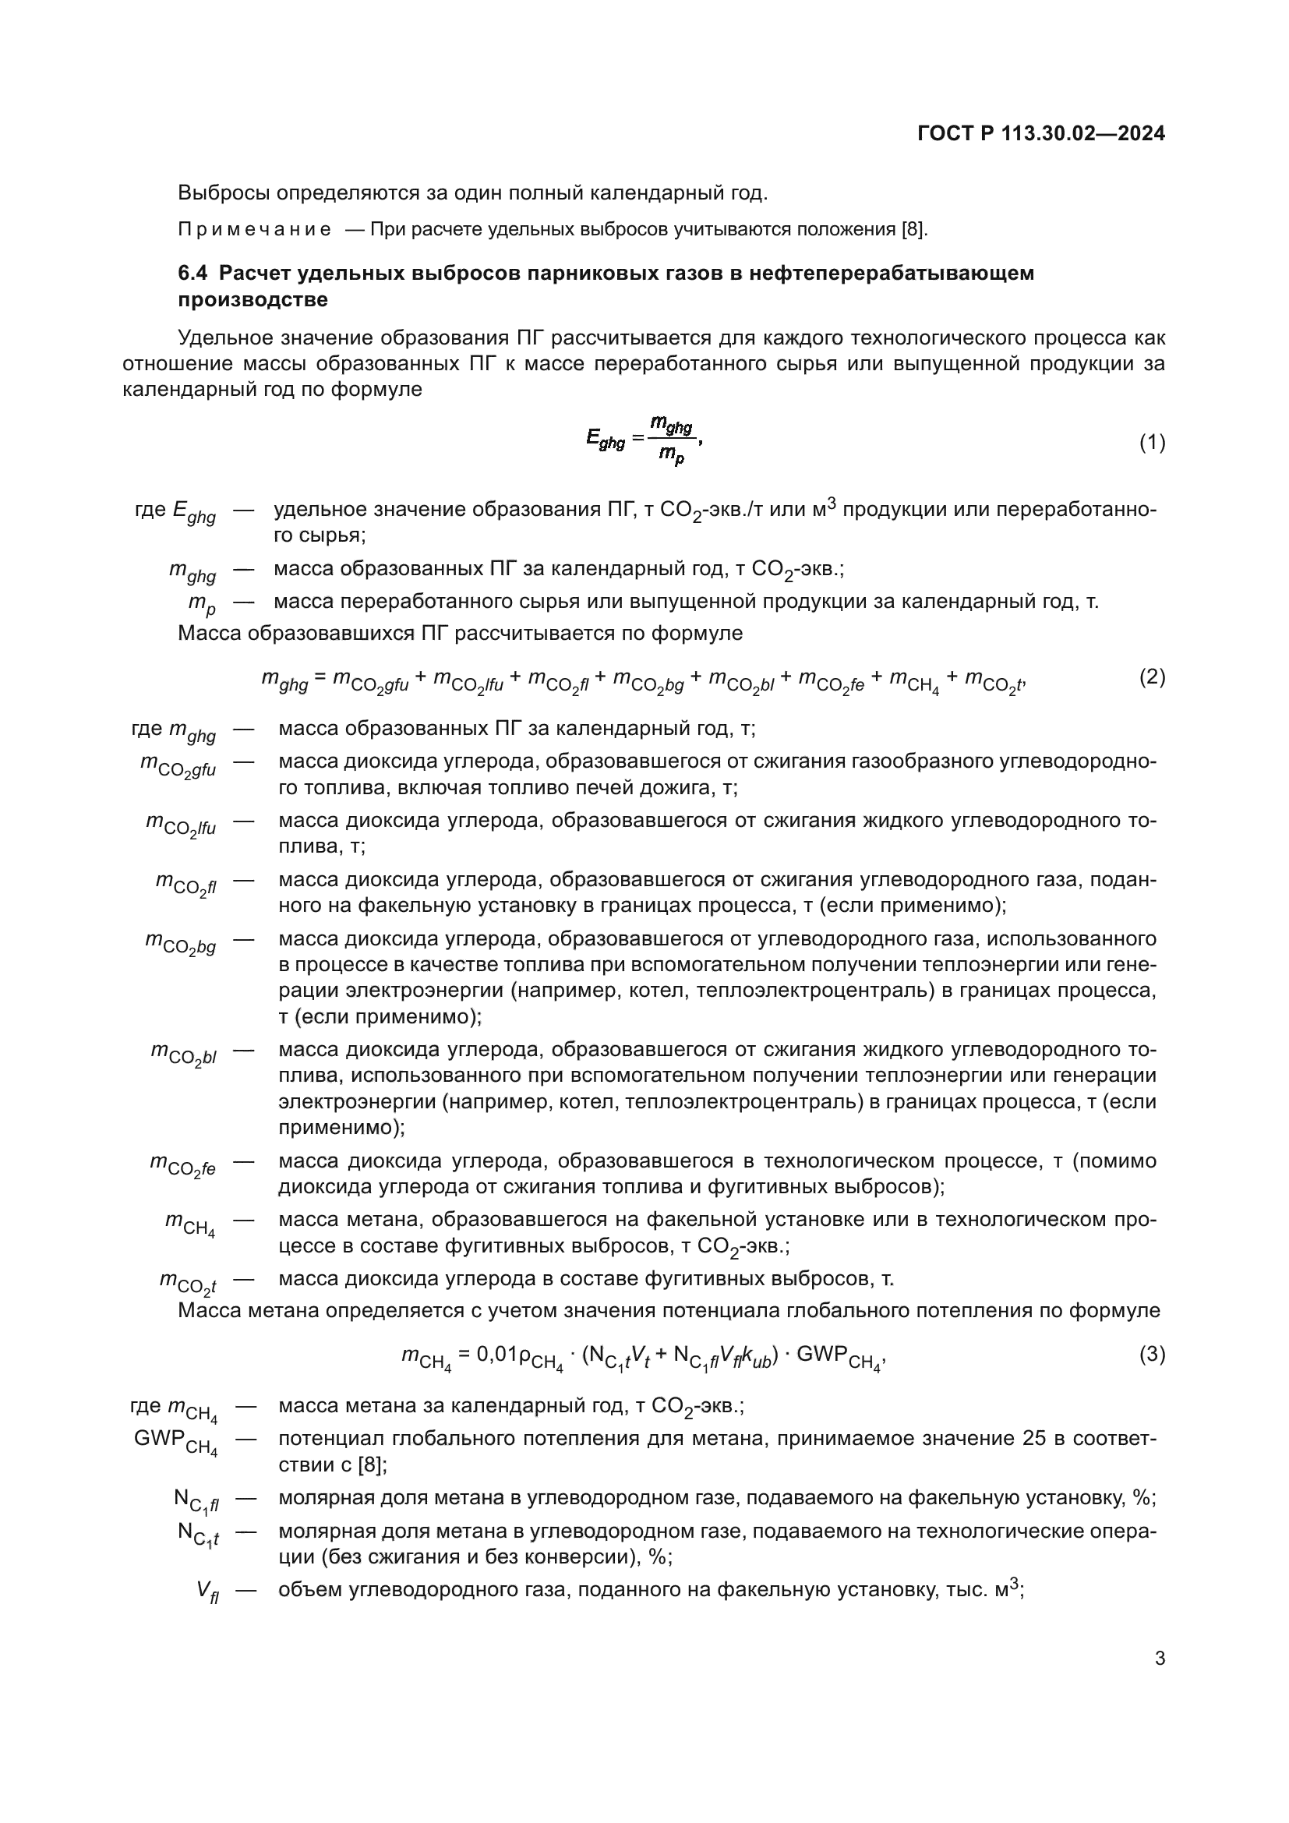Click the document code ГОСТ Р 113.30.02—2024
pos(1040,133)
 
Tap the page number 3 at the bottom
pos(1160,1658)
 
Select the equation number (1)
pos(1153,442)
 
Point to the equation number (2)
pos(1153,677)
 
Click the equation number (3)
pos(1153,1354)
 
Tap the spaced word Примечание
pos(254,230)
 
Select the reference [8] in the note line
pos(913,230)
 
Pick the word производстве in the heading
pos(253,299)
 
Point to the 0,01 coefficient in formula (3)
pos(497,1354)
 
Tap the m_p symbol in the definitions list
pos(202,603)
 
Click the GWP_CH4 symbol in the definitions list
pos(175,1442)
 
